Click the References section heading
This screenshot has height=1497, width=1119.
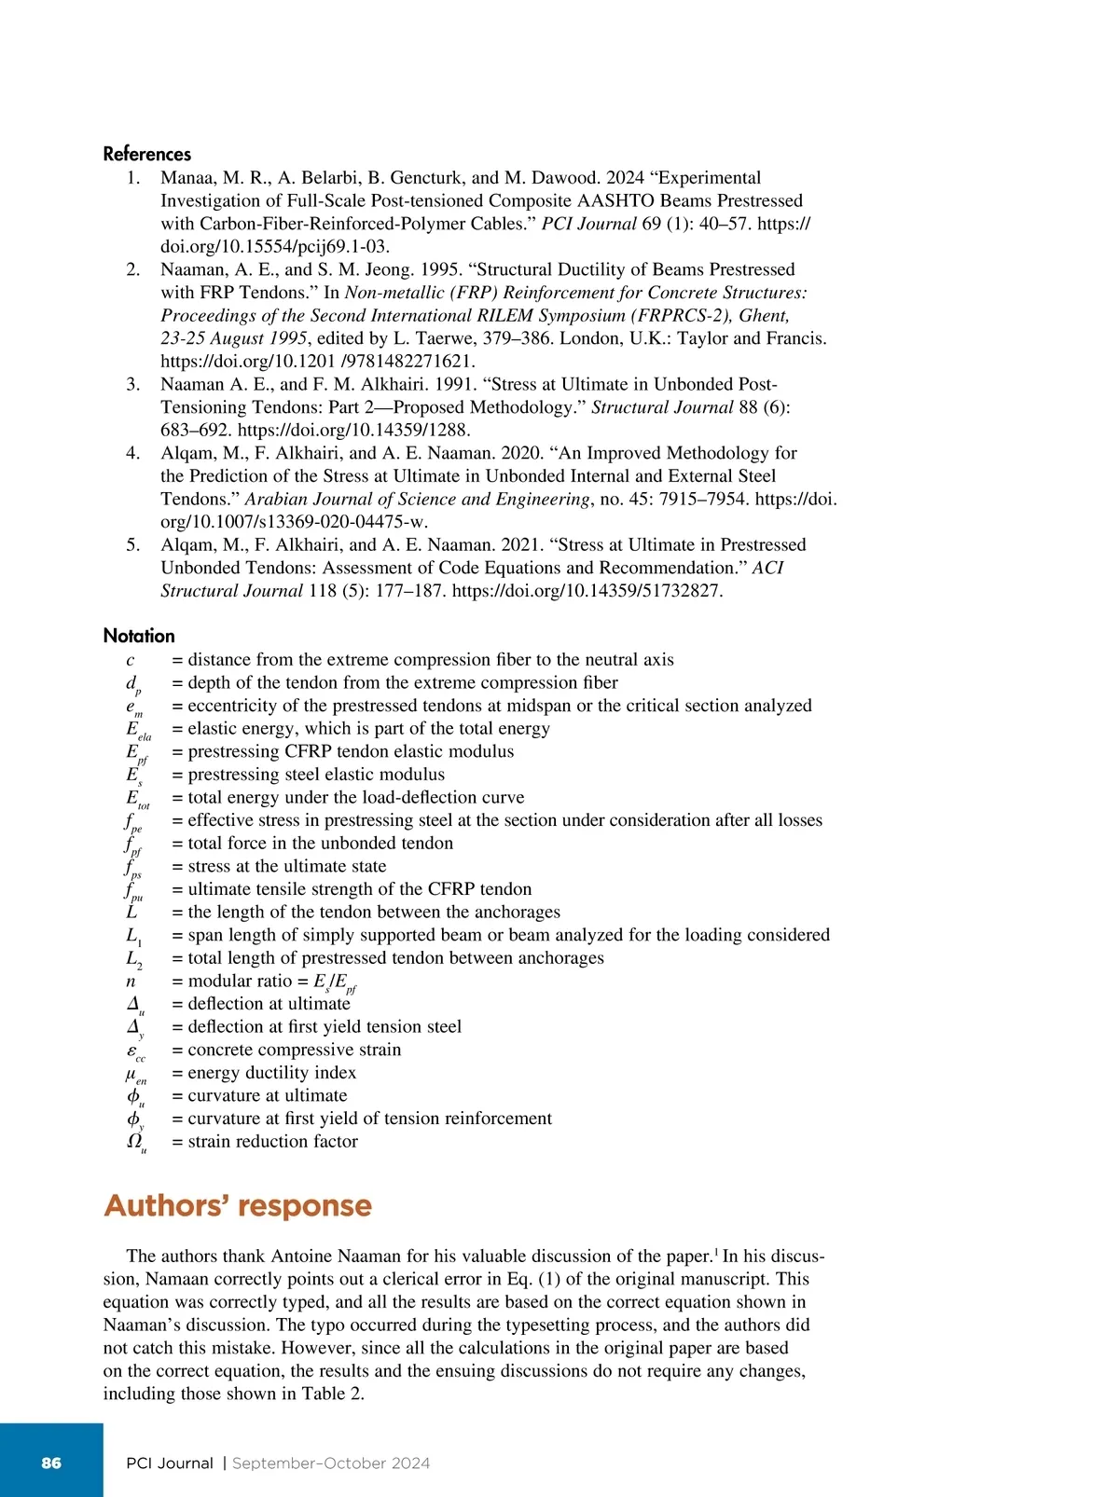(146, 154)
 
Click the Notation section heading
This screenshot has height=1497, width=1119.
(139, 636)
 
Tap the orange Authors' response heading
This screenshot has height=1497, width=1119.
(238, 1205)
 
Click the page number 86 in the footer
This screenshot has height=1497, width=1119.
(51, 1463)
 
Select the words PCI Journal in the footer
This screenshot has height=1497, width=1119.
(170, 1463)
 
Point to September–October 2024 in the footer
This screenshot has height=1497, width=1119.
(331, 1463)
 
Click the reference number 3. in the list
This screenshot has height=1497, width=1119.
(133, 384)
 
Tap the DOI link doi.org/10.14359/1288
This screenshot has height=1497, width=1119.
(354, 430)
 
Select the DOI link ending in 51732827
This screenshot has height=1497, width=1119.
(587, 591)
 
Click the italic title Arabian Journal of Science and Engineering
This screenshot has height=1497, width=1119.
(418, 499)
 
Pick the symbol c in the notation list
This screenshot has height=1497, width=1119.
(130, 660)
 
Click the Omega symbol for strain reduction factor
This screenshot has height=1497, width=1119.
(135, 1142)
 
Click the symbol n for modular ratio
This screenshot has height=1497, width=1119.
(131, 981)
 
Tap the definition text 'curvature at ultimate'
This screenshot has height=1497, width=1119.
(267, 1095)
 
